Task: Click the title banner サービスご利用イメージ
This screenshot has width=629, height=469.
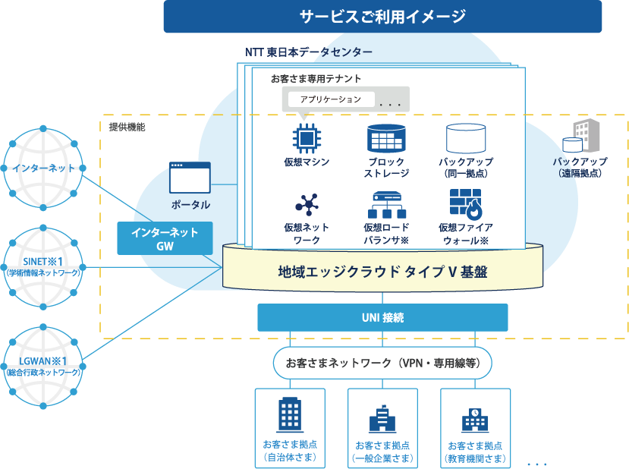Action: [382, 16]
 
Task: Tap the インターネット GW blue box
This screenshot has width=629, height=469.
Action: [165, 238]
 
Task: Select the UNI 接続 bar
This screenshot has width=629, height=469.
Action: [382, 317]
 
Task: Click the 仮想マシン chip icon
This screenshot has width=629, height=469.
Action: [306, 137]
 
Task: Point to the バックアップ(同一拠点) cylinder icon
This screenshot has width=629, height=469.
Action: [465, 137]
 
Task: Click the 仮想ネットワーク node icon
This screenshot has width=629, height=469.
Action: [307, 205]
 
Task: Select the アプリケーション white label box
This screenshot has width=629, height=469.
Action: [331, 99]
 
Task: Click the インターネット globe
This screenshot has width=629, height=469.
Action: [43, 168]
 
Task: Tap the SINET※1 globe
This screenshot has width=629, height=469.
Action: [43, 266]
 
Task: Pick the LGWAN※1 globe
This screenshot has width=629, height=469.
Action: [43, 366]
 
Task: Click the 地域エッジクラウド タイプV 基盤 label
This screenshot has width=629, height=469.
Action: [382, 272]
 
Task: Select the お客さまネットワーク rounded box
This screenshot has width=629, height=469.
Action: [382, 363]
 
